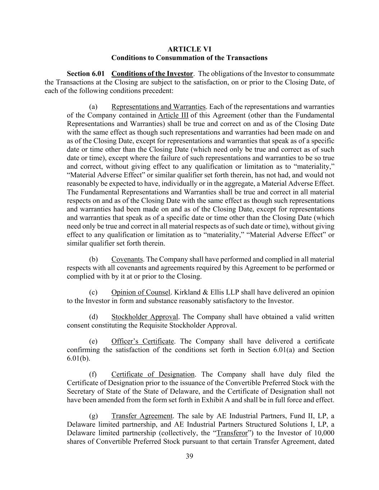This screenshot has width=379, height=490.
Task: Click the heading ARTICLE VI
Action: (x=189, y=49)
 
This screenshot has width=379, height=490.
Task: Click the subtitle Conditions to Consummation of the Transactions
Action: (x=189, y=57)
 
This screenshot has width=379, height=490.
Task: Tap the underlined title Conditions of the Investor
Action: (x=152, y=74)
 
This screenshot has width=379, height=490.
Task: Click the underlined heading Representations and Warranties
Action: (x=158, y=107)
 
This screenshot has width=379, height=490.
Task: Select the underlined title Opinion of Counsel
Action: (x=140, y=292)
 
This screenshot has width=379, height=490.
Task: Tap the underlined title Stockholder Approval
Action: (x=145, y=317)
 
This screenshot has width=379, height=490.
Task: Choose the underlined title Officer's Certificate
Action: (x=143, y=341)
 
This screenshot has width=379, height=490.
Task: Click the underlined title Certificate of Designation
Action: (x=153, y=374)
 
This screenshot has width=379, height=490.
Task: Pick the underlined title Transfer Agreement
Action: (x=142, y=416)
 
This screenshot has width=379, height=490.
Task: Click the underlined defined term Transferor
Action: (x=232, y=433)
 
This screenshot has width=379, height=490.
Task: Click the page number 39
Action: (x=189, y=456)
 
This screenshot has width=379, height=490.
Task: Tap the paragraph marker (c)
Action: (x=93, y=292)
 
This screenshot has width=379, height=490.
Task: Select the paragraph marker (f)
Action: (x=93, y=374)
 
